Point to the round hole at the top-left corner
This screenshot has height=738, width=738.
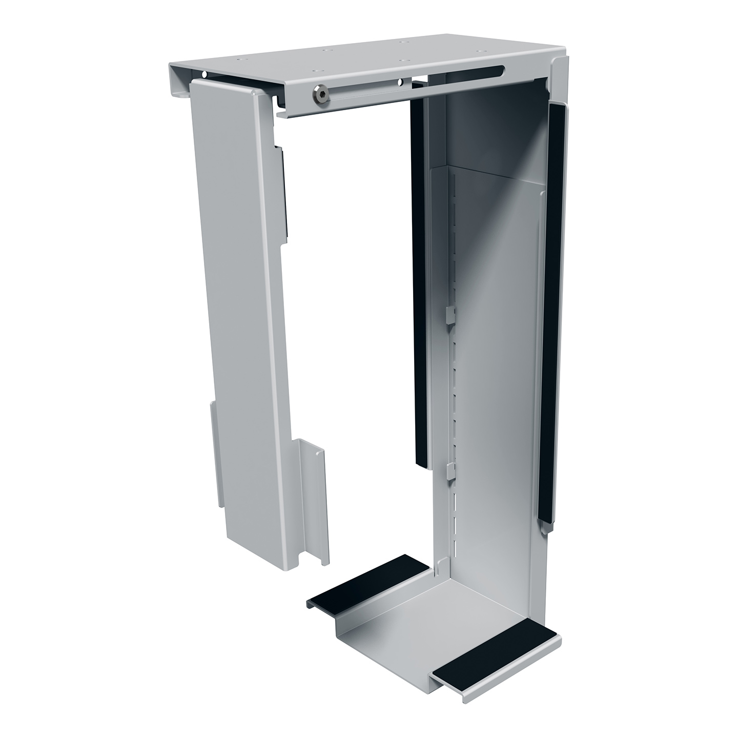pos(204,75)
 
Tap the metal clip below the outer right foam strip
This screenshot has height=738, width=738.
pos(547,523)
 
